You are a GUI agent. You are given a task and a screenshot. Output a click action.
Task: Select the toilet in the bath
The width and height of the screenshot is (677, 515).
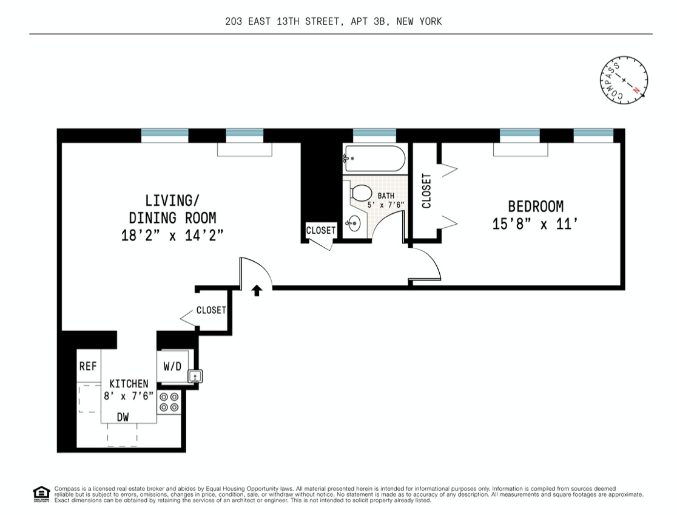tap(361, 193)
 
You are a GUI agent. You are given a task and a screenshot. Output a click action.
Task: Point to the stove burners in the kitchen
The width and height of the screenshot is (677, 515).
tap(169, 401)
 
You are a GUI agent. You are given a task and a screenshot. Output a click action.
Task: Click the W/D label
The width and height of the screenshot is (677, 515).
tap(173, 367)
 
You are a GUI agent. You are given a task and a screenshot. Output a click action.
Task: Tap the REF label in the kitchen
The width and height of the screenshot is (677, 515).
tap(89, 366)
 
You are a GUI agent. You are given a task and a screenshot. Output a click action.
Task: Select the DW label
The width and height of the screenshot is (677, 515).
tap(123, 417)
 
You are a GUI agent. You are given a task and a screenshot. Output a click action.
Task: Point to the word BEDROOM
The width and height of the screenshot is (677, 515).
tap(536, 206)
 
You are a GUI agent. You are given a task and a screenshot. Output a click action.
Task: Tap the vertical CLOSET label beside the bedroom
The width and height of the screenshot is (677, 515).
tap(426, 191)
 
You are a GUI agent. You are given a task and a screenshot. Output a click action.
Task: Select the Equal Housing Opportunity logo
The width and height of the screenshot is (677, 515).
tap(41, 494)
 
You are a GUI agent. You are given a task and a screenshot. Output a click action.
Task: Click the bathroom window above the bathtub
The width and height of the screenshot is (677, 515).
tap(374, 135)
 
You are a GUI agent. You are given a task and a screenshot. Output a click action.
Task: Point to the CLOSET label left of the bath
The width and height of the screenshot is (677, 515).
tap(321, 230)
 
